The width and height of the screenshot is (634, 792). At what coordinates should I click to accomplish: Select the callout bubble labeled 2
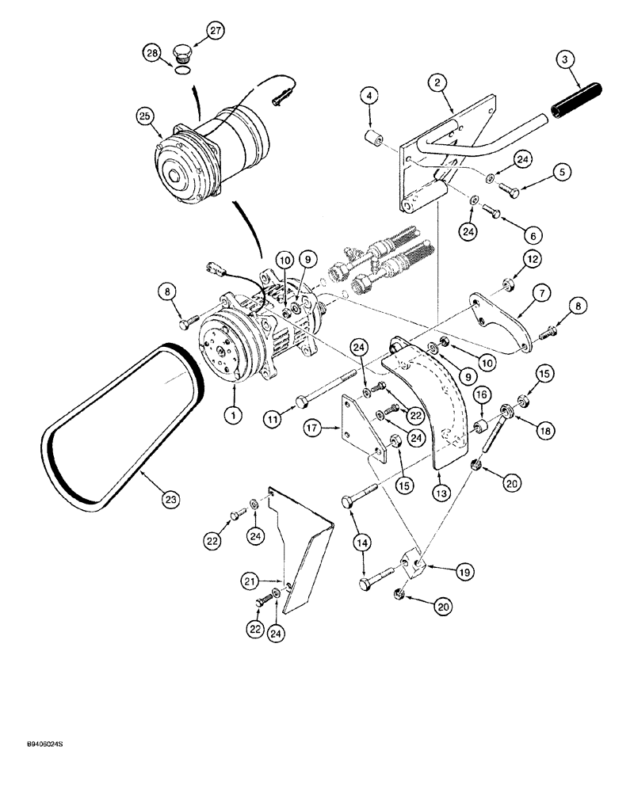(436, 81)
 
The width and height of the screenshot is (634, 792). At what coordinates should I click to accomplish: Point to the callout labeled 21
(250, 582)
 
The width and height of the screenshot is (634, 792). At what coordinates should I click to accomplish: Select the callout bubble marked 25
(144, 116)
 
